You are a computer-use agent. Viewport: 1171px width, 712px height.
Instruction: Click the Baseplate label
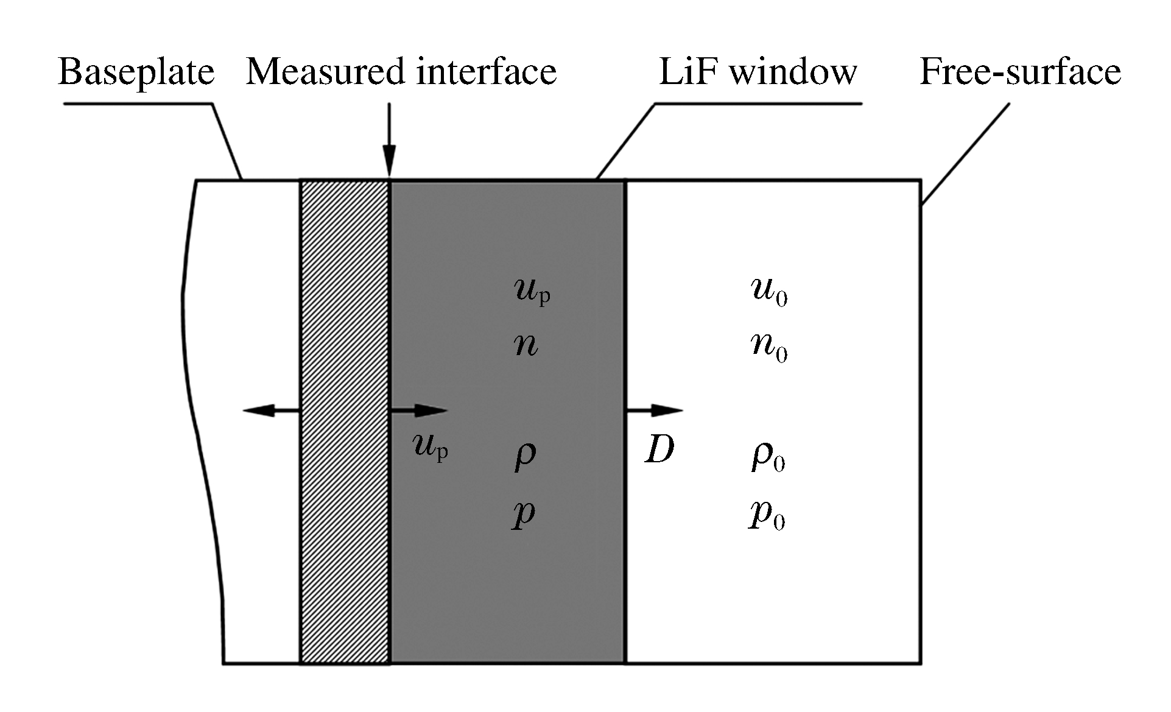(x=136, y=72)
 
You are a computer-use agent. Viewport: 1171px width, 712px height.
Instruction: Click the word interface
(x=487, y=71)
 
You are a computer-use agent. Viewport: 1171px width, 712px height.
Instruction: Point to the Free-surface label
(x=1020, y=72)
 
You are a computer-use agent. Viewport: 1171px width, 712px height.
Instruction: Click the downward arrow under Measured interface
(x=389, y=140)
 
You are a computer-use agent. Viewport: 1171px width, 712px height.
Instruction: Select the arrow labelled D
(x=654, y=411)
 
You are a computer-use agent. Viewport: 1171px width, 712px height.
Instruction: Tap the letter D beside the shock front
(x=659, y=451)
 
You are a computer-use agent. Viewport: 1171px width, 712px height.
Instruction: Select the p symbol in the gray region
(x=523, y=515)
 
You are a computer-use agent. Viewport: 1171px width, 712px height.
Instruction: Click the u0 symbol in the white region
(x=769, y=292)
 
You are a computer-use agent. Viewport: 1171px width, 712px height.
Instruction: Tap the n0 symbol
(x=769, y=348)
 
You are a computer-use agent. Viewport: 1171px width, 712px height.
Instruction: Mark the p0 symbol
(x=767, y=516)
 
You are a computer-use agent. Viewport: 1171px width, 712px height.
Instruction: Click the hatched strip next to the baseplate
(x=345, y=420)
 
